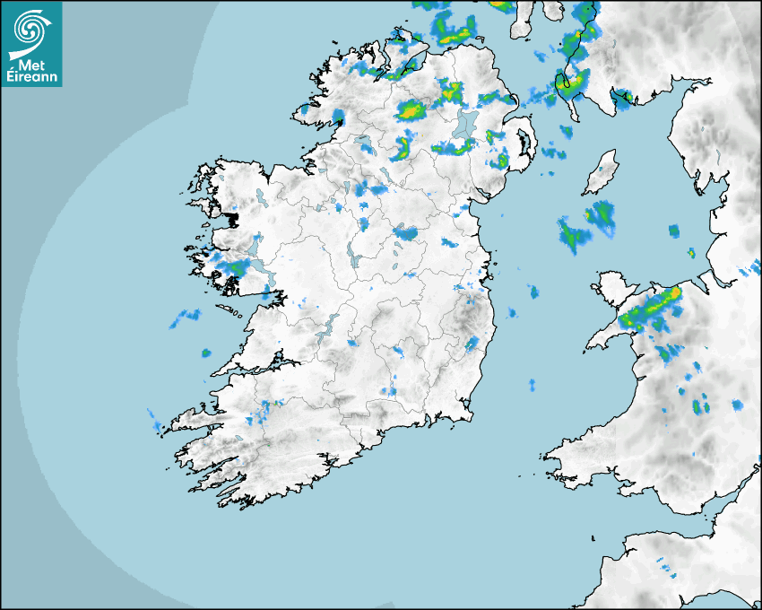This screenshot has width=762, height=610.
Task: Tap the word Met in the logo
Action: click(30, 65)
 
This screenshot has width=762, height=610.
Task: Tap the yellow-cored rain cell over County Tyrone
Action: click(410, 111)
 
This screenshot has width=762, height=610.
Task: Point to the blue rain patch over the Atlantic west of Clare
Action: click(187, 315)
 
